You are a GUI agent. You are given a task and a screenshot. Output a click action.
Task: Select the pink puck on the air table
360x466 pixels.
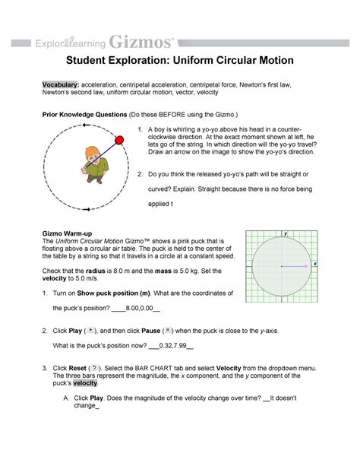point(305,267)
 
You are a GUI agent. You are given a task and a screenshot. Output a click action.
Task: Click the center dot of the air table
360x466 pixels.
point(282,267)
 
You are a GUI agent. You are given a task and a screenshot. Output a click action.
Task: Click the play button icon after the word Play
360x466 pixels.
point(92,332)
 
